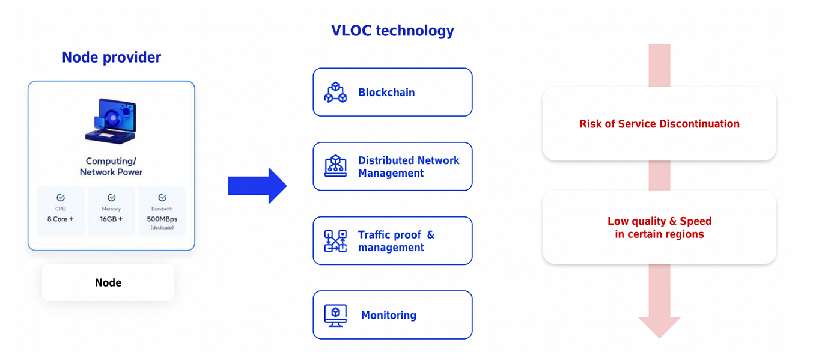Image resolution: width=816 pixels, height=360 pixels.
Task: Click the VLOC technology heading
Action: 392,31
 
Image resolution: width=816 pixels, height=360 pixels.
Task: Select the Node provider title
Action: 111,57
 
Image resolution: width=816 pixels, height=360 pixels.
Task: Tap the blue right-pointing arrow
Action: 257,186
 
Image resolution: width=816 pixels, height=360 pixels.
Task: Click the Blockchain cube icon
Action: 335,93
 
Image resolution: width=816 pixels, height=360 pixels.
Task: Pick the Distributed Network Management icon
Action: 335,166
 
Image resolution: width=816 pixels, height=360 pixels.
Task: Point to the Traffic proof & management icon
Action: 335,241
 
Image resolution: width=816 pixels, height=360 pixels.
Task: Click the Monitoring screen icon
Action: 335,315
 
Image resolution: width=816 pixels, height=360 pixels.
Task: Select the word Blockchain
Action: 386,93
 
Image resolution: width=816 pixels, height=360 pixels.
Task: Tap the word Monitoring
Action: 388,315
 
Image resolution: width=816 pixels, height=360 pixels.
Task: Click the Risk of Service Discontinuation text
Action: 659,124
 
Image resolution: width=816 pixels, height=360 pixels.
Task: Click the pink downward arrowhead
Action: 659,326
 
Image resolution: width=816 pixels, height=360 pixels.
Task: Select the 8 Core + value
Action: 60,219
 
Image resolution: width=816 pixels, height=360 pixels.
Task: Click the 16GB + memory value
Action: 111,219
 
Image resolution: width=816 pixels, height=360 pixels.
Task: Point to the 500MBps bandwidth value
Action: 162,219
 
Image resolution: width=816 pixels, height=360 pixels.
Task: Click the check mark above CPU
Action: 61,197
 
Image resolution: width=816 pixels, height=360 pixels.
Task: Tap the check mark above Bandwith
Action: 162,197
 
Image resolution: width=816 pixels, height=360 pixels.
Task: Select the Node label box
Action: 108,282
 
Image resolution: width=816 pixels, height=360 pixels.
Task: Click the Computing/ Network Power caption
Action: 111,166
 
